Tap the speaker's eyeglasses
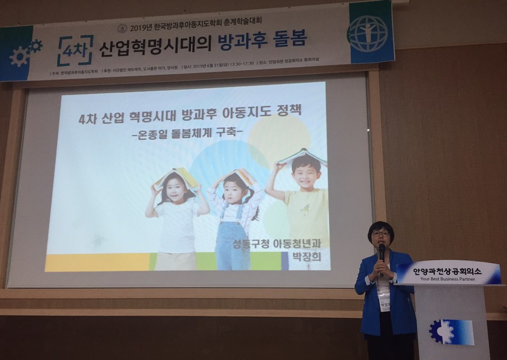click(x=380, y=233)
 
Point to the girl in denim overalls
click(x=233, y=222)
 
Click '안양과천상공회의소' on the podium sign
click(x=448, y=269)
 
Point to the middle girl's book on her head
click(x=236, y=175)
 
